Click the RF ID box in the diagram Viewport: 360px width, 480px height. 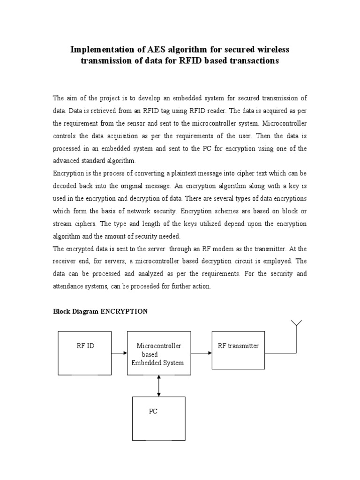(84, 352)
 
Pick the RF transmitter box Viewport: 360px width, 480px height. (238, 350)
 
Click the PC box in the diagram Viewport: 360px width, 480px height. (158, 418)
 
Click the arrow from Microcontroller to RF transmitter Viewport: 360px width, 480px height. (202, 353)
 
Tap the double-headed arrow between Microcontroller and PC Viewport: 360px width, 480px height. (159, 386)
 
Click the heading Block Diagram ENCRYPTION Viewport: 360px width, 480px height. (100, 311)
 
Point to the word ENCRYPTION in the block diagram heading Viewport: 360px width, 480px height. (124, 311)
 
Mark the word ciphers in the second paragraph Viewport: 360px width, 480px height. (85, 224)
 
